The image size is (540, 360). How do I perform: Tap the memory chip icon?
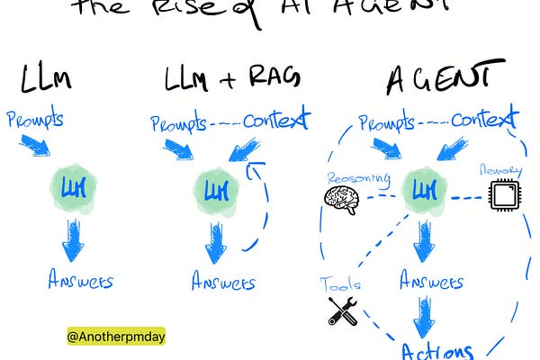(506, 194)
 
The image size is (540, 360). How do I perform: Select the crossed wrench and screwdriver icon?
(343, 310)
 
